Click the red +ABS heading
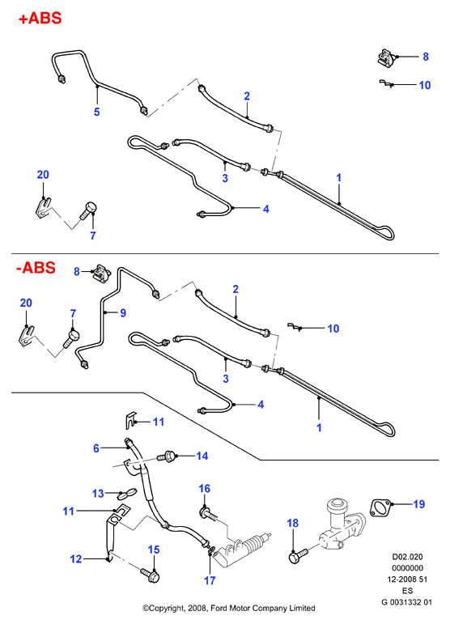[x=40, y=19]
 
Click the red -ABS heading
[x=36, y=267]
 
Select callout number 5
[x=96, y=112]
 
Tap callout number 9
[x=123, y=312]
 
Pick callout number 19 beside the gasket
[x=419, y=504]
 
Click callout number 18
[x=292, y=523]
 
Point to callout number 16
[x=204, y=488]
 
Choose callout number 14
[x=202, y=456]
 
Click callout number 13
[x=98, y=494]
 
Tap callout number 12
[x=75, y=558]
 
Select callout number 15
[x=154, y=550]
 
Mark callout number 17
[x=210, y=580]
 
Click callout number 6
[x=96, y=448]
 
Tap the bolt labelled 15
[x=151, y=575]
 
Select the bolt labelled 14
[x=167, y=456]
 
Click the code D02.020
[x=407, y=557]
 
